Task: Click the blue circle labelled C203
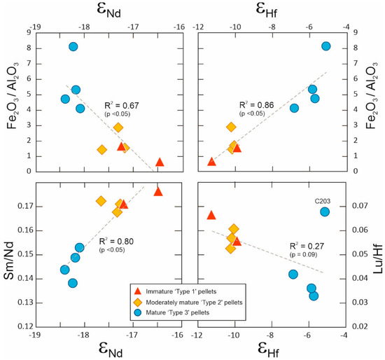(325, 212)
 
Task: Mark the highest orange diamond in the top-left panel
(118, 127)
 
